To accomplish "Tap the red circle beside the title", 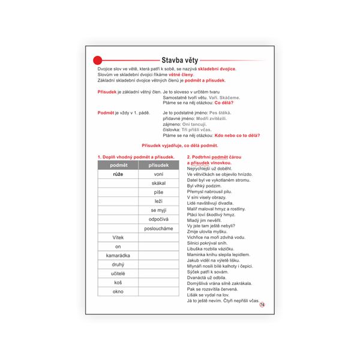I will pyautogui.click(x=98, y=59).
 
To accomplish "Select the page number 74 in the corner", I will pyautogui.click(x=262, y=305).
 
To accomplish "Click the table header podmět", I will pyautogui.click(x=118, y=165).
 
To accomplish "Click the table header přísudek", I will pyautogui.click(x=158, y=165).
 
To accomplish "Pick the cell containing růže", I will pyautogui.click(x=118, y=174).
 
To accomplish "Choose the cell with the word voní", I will pyautogui.click(x=158, y=174).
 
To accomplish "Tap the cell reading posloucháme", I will pyautogui.click(x=158, y=229).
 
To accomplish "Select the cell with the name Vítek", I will pyautogui.click(x=118, y=238).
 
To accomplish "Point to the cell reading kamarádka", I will pyautogui.click(x=118, y=256).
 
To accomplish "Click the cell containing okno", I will pyautogui.click(x=118, y=292).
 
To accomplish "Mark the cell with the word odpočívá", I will pyautogui.click(x=158, y=220).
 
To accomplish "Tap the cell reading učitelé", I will pyautogui.click(x=118, y=274).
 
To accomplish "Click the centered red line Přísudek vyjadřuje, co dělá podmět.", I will pyautogui.click(x=180, y=146).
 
